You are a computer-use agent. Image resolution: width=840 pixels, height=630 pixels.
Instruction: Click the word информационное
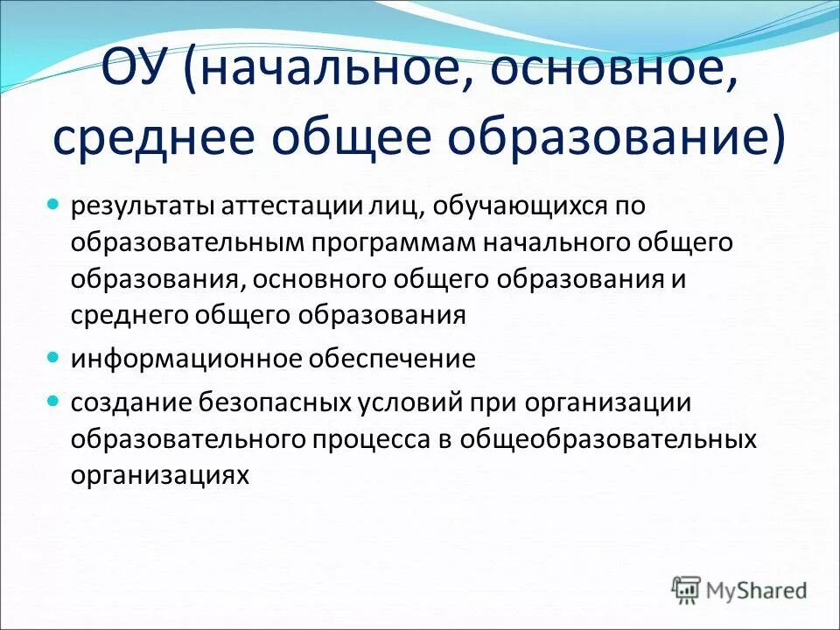[x=178, y=359]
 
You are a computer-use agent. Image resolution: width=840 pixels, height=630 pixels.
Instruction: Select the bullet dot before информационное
[x=52, y=358]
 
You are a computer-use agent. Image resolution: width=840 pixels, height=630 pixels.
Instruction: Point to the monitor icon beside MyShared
[x=689, y=590]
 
